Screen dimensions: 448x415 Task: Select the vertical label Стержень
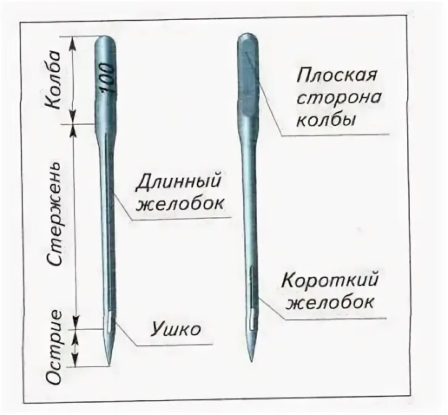pos(54,216)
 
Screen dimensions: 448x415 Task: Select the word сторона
pos(339,99)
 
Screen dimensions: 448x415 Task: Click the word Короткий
pos(330,282)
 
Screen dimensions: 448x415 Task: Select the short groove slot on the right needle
pos(252,296)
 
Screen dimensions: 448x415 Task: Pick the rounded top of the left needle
pos(106,40)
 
